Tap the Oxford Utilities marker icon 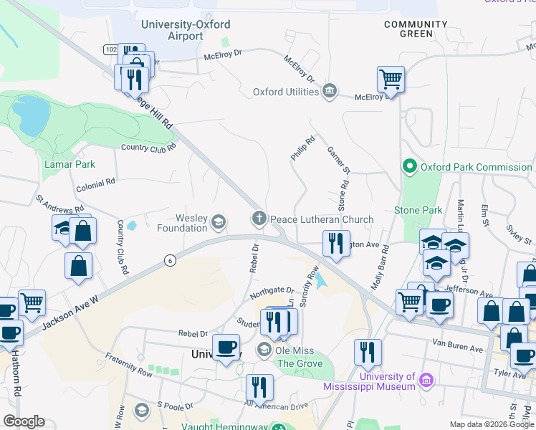click(x=330, y=91)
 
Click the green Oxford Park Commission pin click(x=409, y=167)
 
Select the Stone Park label click(x=418, y=210)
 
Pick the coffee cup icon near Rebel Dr click(x=227, y=348)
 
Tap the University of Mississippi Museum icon click(x=426, y=379)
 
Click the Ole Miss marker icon click(x=264, y=350)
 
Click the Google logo click(x=24, y=421)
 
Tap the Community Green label click(x=408, y=29)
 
